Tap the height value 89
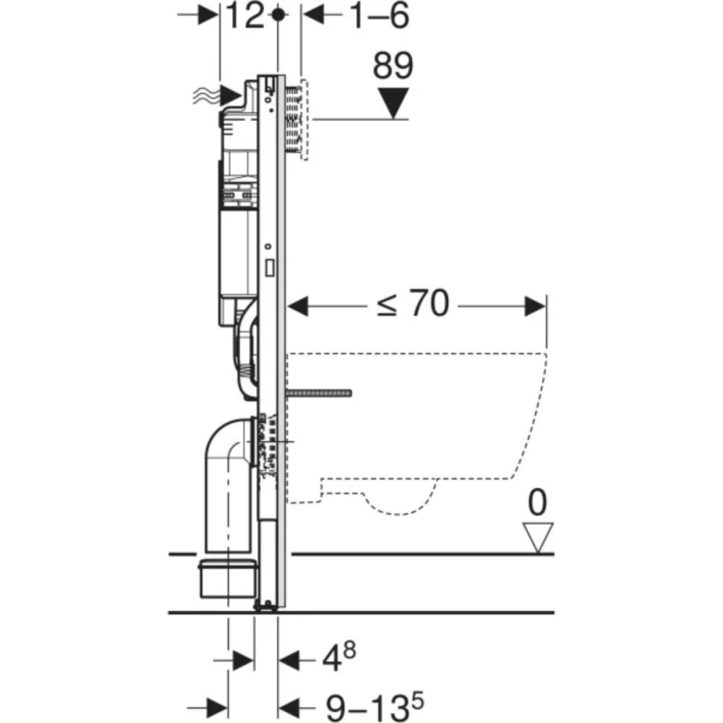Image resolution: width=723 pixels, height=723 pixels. (x=393, y=67)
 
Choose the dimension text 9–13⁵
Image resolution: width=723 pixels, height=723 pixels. (x=370, y=704)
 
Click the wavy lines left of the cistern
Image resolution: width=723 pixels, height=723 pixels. (x=205, y=94)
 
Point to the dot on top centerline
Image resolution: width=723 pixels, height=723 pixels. (x=278, y=14)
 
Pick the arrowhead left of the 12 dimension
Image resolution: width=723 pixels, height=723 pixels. (x=209, y=15)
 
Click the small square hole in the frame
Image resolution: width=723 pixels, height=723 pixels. (x=270, y=268)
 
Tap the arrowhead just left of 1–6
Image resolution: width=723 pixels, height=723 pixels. (x=311, y=15)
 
